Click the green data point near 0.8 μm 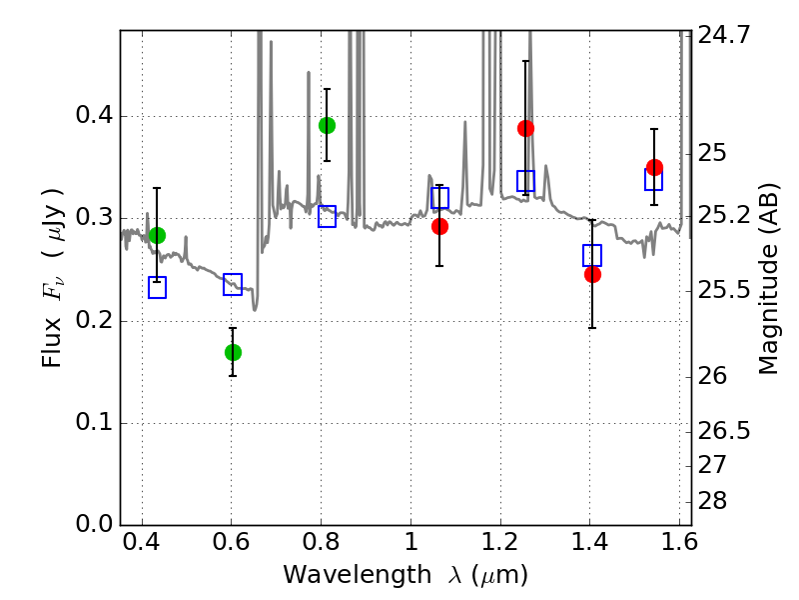click(x=327, y=125)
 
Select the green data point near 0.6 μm click(x=233, y=352)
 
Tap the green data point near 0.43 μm click(x=157, y=235)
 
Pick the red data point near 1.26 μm click(x=525, y=128)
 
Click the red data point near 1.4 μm click(x=592, y=274)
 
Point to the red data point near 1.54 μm click(x=654, y=167)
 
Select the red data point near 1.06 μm click(x=439, y=226)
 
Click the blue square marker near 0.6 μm click(x=233, y=284)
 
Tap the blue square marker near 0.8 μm click(x=327, y=216)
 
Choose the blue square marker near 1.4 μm click(x=592, y=255)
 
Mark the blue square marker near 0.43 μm click(x=157, y=288)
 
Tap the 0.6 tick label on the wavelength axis click(x=231, y=548)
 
